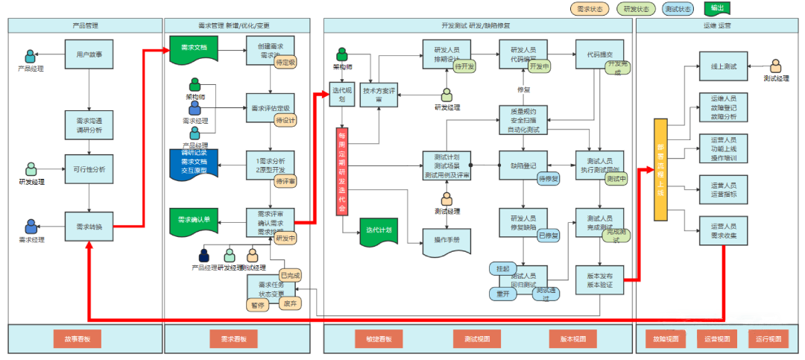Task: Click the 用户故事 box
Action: [x=89, y=54]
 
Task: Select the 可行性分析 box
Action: [x=89, y=169]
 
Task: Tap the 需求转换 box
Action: [x=89, y=227]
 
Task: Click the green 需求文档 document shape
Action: [x=194, y=48]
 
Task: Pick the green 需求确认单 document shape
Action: [x=194, y=221]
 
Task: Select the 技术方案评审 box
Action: [x=379, y=95]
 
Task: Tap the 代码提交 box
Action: [x=599, y=55]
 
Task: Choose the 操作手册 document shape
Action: [x=447, y=240]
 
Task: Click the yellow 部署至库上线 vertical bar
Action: [x=660, y=169]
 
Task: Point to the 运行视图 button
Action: [x=768, y=339]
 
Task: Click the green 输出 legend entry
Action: [x=716, y=9]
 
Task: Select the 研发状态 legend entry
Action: [x=637, y=9]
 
